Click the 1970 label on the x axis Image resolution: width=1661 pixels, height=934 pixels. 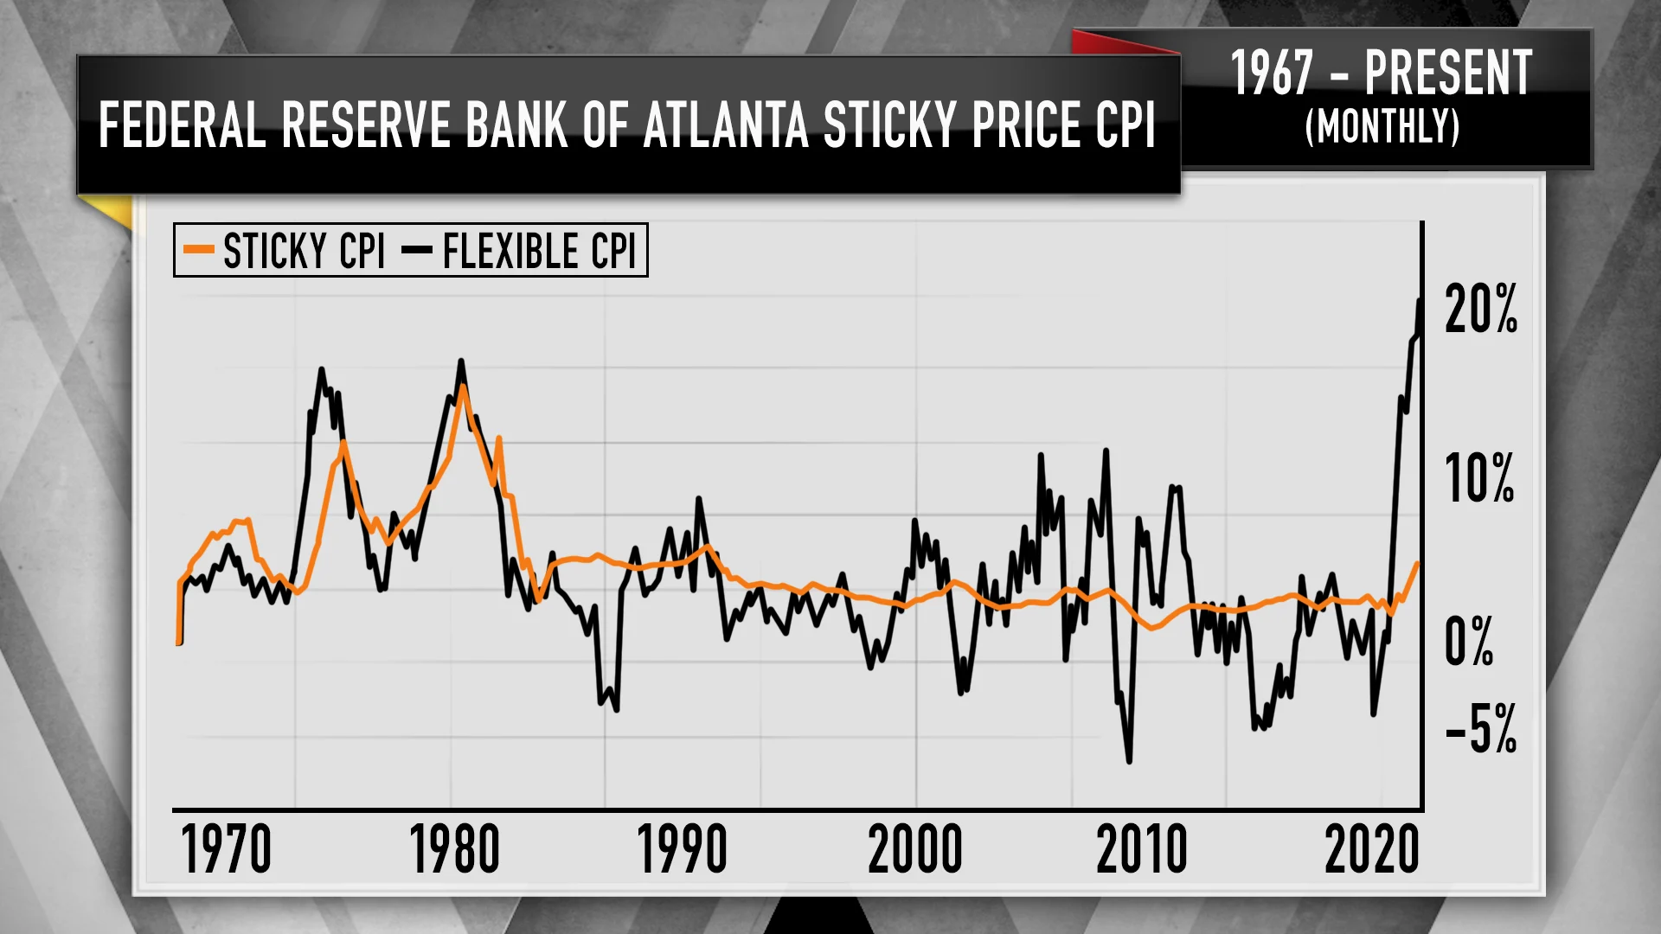[x=226, y=849]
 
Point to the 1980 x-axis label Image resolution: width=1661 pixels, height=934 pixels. [x=454, y=849]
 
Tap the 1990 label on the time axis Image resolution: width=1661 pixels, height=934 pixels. [x=682, y=849]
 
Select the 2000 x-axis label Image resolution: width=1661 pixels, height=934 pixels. [x=914, y=849]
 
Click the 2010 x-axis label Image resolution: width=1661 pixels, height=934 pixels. [x=1142, y=849]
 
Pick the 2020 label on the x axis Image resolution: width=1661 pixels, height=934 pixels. [x=1372, y=849]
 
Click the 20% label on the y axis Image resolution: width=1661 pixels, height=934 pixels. [x=1481, y=310]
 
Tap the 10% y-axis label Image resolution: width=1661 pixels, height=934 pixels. [x=1479, y=478]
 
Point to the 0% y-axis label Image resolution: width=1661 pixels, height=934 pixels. [x=1469, y=642]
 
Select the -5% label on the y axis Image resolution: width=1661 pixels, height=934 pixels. [x=1481, y=729]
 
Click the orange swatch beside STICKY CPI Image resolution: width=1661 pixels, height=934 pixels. [x=199, y=250]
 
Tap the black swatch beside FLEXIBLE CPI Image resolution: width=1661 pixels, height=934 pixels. [x=417, y=250]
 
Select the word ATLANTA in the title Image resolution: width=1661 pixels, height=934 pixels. [x=726, y=125]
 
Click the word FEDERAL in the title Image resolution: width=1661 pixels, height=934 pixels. [x=182, y=125]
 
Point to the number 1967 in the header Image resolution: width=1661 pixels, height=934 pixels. [x=1272, y=74]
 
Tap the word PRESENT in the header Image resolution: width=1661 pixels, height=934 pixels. [x=1448, y=74]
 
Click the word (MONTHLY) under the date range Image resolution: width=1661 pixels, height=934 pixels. [x=1382, y=127]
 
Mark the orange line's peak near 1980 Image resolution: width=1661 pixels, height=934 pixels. [x=463, y=386]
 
